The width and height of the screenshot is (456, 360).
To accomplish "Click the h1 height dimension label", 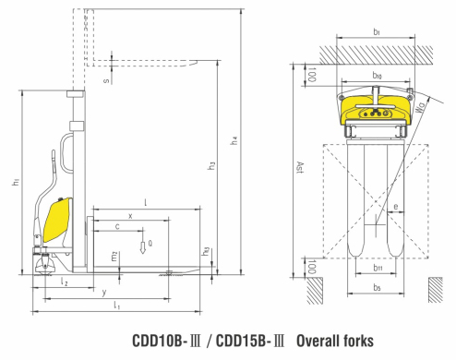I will click(x=16, y=182).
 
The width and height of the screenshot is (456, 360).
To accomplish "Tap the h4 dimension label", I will click(x=235, y=139).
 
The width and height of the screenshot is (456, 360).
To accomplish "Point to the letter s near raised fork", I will click(x=106, y=81).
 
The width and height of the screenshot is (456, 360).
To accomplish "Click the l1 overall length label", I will click(x=116, y=304).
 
